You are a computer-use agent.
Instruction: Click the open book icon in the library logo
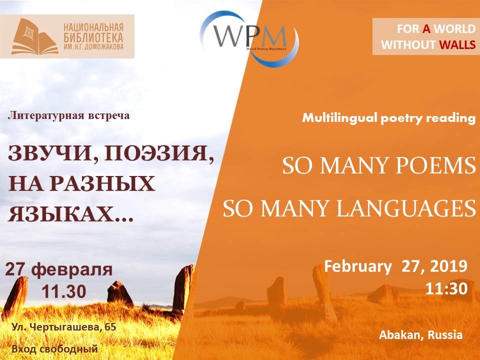pos(34,36)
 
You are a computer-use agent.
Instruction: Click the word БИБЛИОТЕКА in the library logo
pos(93,37)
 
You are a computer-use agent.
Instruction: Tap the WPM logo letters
pos(250,36)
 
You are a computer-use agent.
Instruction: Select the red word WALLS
pos(457,44)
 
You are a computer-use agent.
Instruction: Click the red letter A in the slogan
pos(426,29)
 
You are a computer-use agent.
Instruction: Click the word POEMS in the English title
pos(436,165)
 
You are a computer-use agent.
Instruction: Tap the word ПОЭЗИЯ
pos(159,153)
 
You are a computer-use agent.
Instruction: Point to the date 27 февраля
pos(59,269)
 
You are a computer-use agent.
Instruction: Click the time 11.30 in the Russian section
pos(64,291)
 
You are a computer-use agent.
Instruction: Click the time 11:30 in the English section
pos(446,288)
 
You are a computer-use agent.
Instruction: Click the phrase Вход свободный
pos(55,348)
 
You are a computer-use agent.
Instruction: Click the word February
pos(358,266)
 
